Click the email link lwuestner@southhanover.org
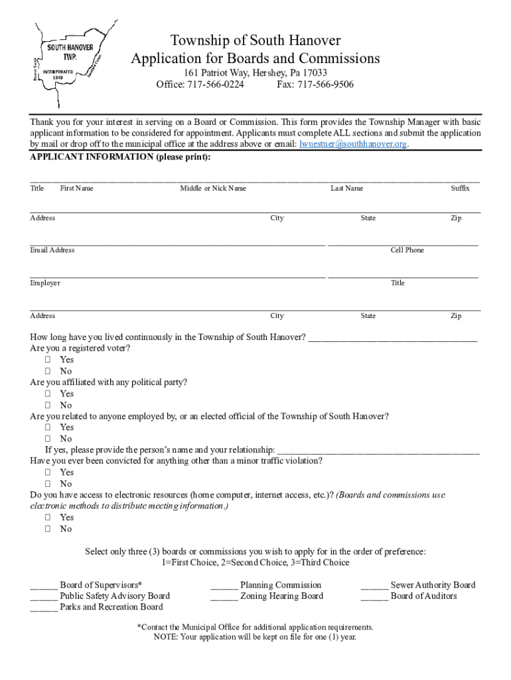[x=353, y=144]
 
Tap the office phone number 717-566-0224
[x=216, y=84]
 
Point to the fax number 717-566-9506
[x=325, y=84]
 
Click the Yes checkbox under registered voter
[x=48, y=360]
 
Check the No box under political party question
[x=48, y=405]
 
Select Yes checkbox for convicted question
[x=48, y=472]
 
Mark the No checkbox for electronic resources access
[x=48, y=529]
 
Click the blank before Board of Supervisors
[x=44, y=586]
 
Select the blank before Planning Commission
[x=224, y=586]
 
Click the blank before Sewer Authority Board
[x=374, y=586]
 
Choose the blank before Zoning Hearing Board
[x=224, y=596]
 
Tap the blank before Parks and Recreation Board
[x=44, y=607]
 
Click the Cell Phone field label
[x=407, y=250]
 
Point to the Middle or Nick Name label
[x=213, y=189]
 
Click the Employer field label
[x=45, y=283]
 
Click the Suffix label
[x=460, y=189]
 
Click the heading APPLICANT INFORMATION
[x=120, y=157]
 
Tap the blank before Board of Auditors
[x=374, y=596]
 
